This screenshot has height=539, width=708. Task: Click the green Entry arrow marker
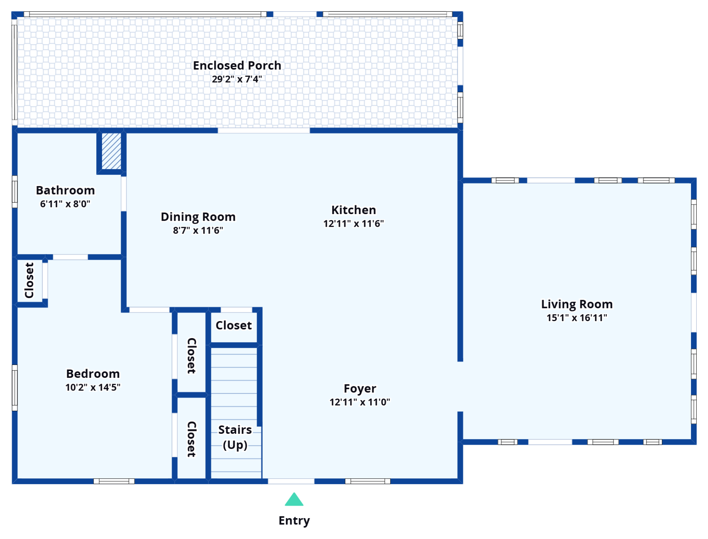click(x=294, y=499)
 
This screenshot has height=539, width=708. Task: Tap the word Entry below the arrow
click(x=294, y=521)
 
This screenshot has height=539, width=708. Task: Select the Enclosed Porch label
click(x=237, y=66)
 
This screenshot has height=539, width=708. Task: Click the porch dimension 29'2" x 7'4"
click(x=237, y=79)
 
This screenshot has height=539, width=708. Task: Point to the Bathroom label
click(x=65, y=190)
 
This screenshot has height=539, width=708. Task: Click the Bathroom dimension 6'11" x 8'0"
click(x=65, y=204)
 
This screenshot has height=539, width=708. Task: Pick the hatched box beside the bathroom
click(x=112, y=151)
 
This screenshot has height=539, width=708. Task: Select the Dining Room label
click(x=198, y=217)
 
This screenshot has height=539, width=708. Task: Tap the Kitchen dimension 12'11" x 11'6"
click(x=354, y=224)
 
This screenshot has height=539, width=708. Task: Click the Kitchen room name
click(x=354, y=210)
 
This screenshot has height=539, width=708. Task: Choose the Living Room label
click(x=577, y=304)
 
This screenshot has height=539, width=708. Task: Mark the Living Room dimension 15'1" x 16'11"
click(x=577, y=318)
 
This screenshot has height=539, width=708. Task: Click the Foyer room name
click(x=360, y=389)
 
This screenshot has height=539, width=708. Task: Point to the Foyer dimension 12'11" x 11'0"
click(x=360, y=402)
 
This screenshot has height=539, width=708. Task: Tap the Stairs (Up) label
click(x=235, y=437)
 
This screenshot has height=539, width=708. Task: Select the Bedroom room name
click(x=93, y=374)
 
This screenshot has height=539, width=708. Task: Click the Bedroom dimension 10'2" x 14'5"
click(x=93, y=387)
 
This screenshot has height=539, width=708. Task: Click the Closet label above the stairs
click(x=234, y=325)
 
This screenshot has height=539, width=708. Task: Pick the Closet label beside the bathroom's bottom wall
click(x=29, y=280)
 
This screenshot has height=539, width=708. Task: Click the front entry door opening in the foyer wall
click(x=291, y=481)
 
